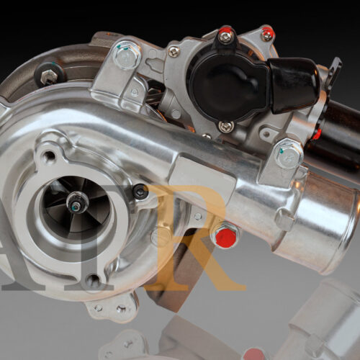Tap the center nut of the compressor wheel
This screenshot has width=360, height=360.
pyautogui.click(x=74, y=205)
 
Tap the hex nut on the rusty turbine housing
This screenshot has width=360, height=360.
pyautogui.click(x=49, y=76)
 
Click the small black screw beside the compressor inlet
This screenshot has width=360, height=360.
pyautogui.click(x=140, y=192)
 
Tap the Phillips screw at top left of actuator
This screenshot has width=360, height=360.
pyautogui.click(x=174, y=51)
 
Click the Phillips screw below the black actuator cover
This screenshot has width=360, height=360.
pyautogui.click(x=225, y=127)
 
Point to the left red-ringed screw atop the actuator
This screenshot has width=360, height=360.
pyautogui.click(x=225, y=33)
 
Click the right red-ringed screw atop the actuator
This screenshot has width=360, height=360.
pyautogui.click(x=267, y=32)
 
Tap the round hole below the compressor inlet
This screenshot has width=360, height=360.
pyautogui.click(x=94, y=281)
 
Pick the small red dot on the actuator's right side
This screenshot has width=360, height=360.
pyautogui.click(x=316, y=134)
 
